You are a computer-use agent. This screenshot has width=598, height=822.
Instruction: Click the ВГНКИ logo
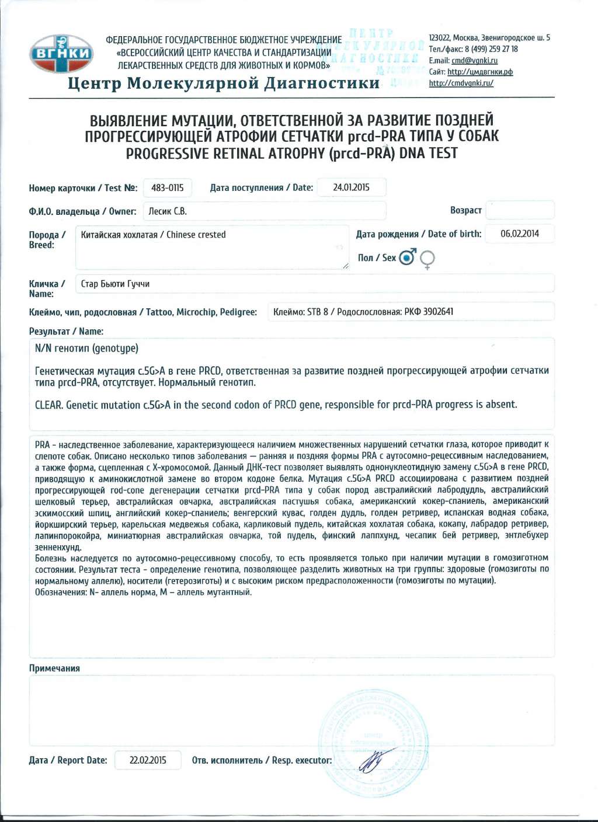click(61, 54)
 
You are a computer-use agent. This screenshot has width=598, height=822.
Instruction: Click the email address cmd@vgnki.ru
click(474, 61)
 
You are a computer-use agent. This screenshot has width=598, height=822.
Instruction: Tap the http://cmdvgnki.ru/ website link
click(461, 83)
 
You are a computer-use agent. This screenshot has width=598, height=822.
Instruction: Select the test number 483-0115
click(167, 188)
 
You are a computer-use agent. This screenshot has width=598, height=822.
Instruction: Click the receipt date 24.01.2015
click(351, 187)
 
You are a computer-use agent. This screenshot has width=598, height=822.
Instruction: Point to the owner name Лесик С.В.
click(168, 211)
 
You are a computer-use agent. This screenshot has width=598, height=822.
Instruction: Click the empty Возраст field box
click(519, 210)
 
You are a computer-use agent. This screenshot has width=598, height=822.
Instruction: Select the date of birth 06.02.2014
click(519, 234)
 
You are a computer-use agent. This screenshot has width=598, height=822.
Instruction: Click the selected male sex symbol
click(408, 257)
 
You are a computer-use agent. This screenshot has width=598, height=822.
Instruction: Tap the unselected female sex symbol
click(427, 259)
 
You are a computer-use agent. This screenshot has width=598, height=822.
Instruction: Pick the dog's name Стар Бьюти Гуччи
click(115, 284)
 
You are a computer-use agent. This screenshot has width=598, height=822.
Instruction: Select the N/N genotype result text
click(86, 349)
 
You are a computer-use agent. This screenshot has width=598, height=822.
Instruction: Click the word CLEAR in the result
click(49, 405)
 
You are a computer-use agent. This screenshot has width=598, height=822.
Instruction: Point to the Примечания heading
click(54, 668)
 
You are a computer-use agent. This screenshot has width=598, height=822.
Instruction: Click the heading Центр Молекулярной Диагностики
click(224, 83)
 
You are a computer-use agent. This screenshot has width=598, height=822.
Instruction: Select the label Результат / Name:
click(66, 332)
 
